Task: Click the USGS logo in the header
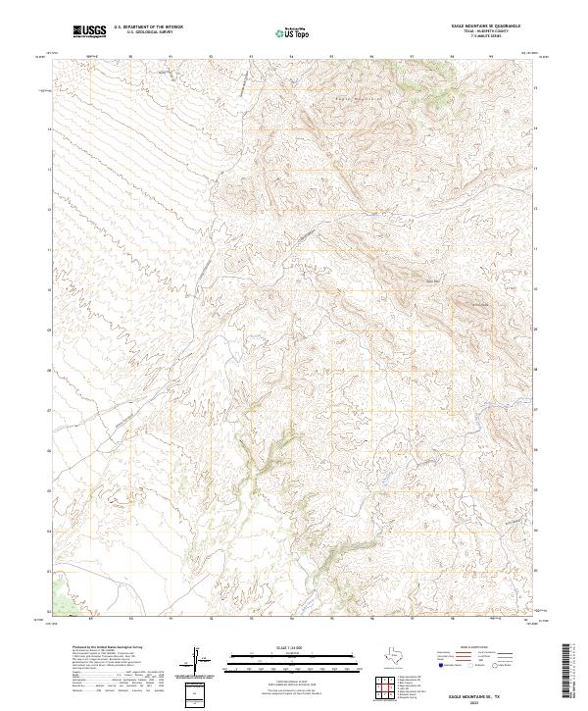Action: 90,32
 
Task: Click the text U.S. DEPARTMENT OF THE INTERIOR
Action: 148,28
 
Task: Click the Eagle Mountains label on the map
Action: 357,98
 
